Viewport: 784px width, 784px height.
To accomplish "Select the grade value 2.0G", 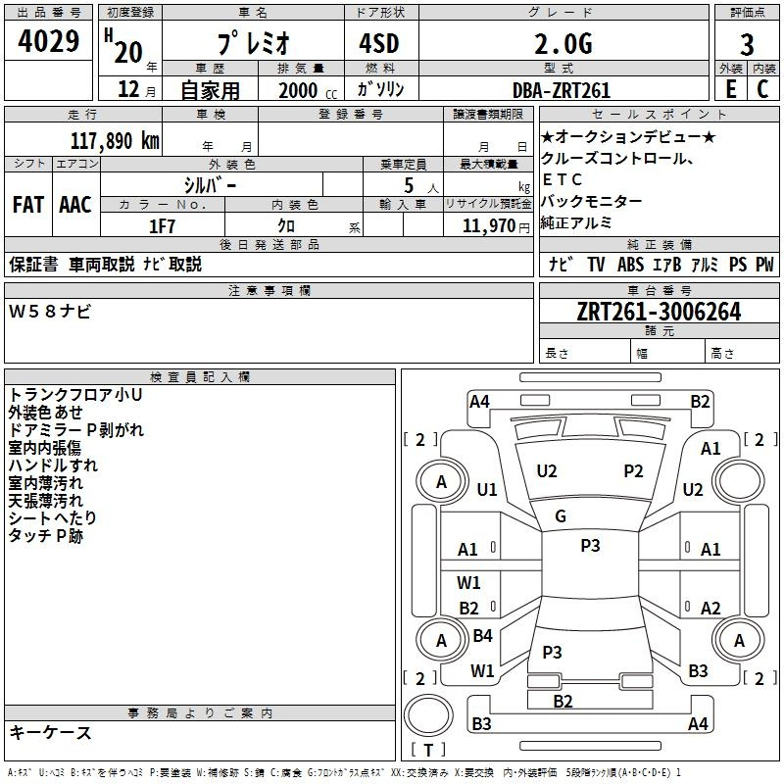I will (x=563, y=44).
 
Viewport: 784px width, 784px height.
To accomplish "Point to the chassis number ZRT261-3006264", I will (x=659, y=313).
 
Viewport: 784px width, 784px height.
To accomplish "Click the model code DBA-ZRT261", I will (x=562, y=90).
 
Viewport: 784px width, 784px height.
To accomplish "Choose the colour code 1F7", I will (x=162, y=226).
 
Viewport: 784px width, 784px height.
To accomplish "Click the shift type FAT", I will (x=28, y=205).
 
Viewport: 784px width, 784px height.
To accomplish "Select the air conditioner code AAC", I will (x=74, y=205).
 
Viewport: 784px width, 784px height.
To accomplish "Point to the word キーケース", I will (x=51, y=733).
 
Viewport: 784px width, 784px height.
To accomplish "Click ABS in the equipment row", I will (x=630, y=265).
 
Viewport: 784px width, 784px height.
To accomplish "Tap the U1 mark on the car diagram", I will (x=487, y=489).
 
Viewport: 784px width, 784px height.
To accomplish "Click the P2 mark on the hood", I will (x=633, y=471).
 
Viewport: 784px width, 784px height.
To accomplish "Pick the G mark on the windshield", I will (x=561, y=516).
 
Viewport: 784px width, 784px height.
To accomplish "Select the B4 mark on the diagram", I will (x=482, y=636).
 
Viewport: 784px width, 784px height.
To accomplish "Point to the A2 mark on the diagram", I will (x=710, y=609).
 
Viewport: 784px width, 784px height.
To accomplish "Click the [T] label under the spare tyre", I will (x=428, y=751).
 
